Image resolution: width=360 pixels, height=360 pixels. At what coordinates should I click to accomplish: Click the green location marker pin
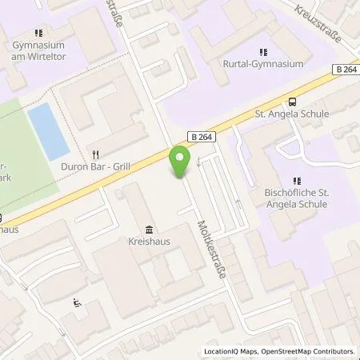tap(180, 162)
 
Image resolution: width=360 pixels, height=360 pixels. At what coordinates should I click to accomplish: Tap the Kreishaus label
tap(150, 240)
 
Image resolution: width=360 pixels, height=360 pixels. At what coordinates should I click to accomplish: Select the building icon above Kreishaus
tap(150, 227)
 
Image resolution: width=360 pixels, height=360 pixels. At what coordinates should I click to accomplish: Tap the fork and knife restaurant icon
tap(96, 154)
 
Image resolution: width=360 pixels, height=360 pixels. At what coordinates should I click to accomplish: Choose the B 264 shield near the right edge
tap(345, 70)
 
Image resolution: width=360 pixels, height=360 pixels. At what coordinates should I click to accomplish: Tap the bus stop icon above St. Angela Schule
tap(292, 102)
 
